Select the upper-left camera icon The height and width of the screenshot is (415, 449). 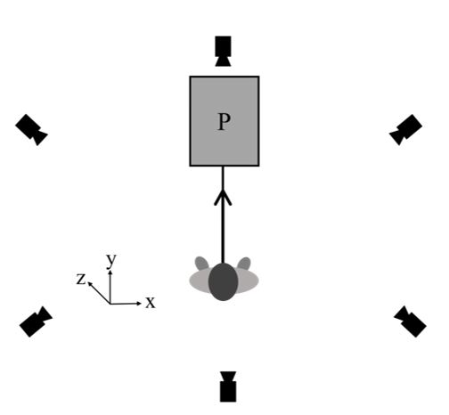31,130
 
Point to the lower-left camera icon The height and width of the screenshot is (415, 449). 37,321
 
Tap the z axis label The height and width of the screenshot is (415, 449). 82,280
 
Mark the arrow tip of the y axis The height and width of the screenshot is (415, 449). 111,271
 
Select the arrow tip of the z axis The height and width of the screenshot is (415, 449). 89,283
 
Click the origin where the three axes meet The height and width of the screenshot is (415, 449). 111,305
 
